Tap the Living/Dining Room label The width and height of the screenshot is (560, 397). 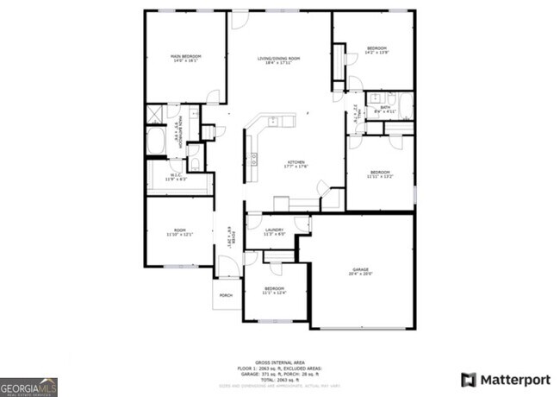pos(278,59)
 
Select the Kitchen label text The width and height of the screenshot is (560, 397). pos(296,164)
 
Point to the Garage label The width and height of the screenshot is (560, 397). pos(360,272)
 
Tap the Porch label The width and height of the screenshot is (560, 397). pos(226,296)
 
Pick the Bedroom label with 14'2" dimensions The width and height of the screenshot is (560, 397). pos(376,50)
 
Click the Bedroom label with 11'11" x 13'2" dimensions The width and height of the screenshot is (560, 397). pos(379,174)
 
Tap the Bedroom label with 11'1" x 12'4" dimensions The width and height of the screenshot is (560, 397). pos(274,289)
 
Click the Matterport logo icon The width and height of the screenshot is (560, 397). pos(469,379)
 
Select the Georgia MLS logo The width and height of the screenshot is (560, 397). pos(28,386)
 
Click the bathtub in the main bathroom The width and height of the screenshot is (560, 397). pos(156,142)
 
